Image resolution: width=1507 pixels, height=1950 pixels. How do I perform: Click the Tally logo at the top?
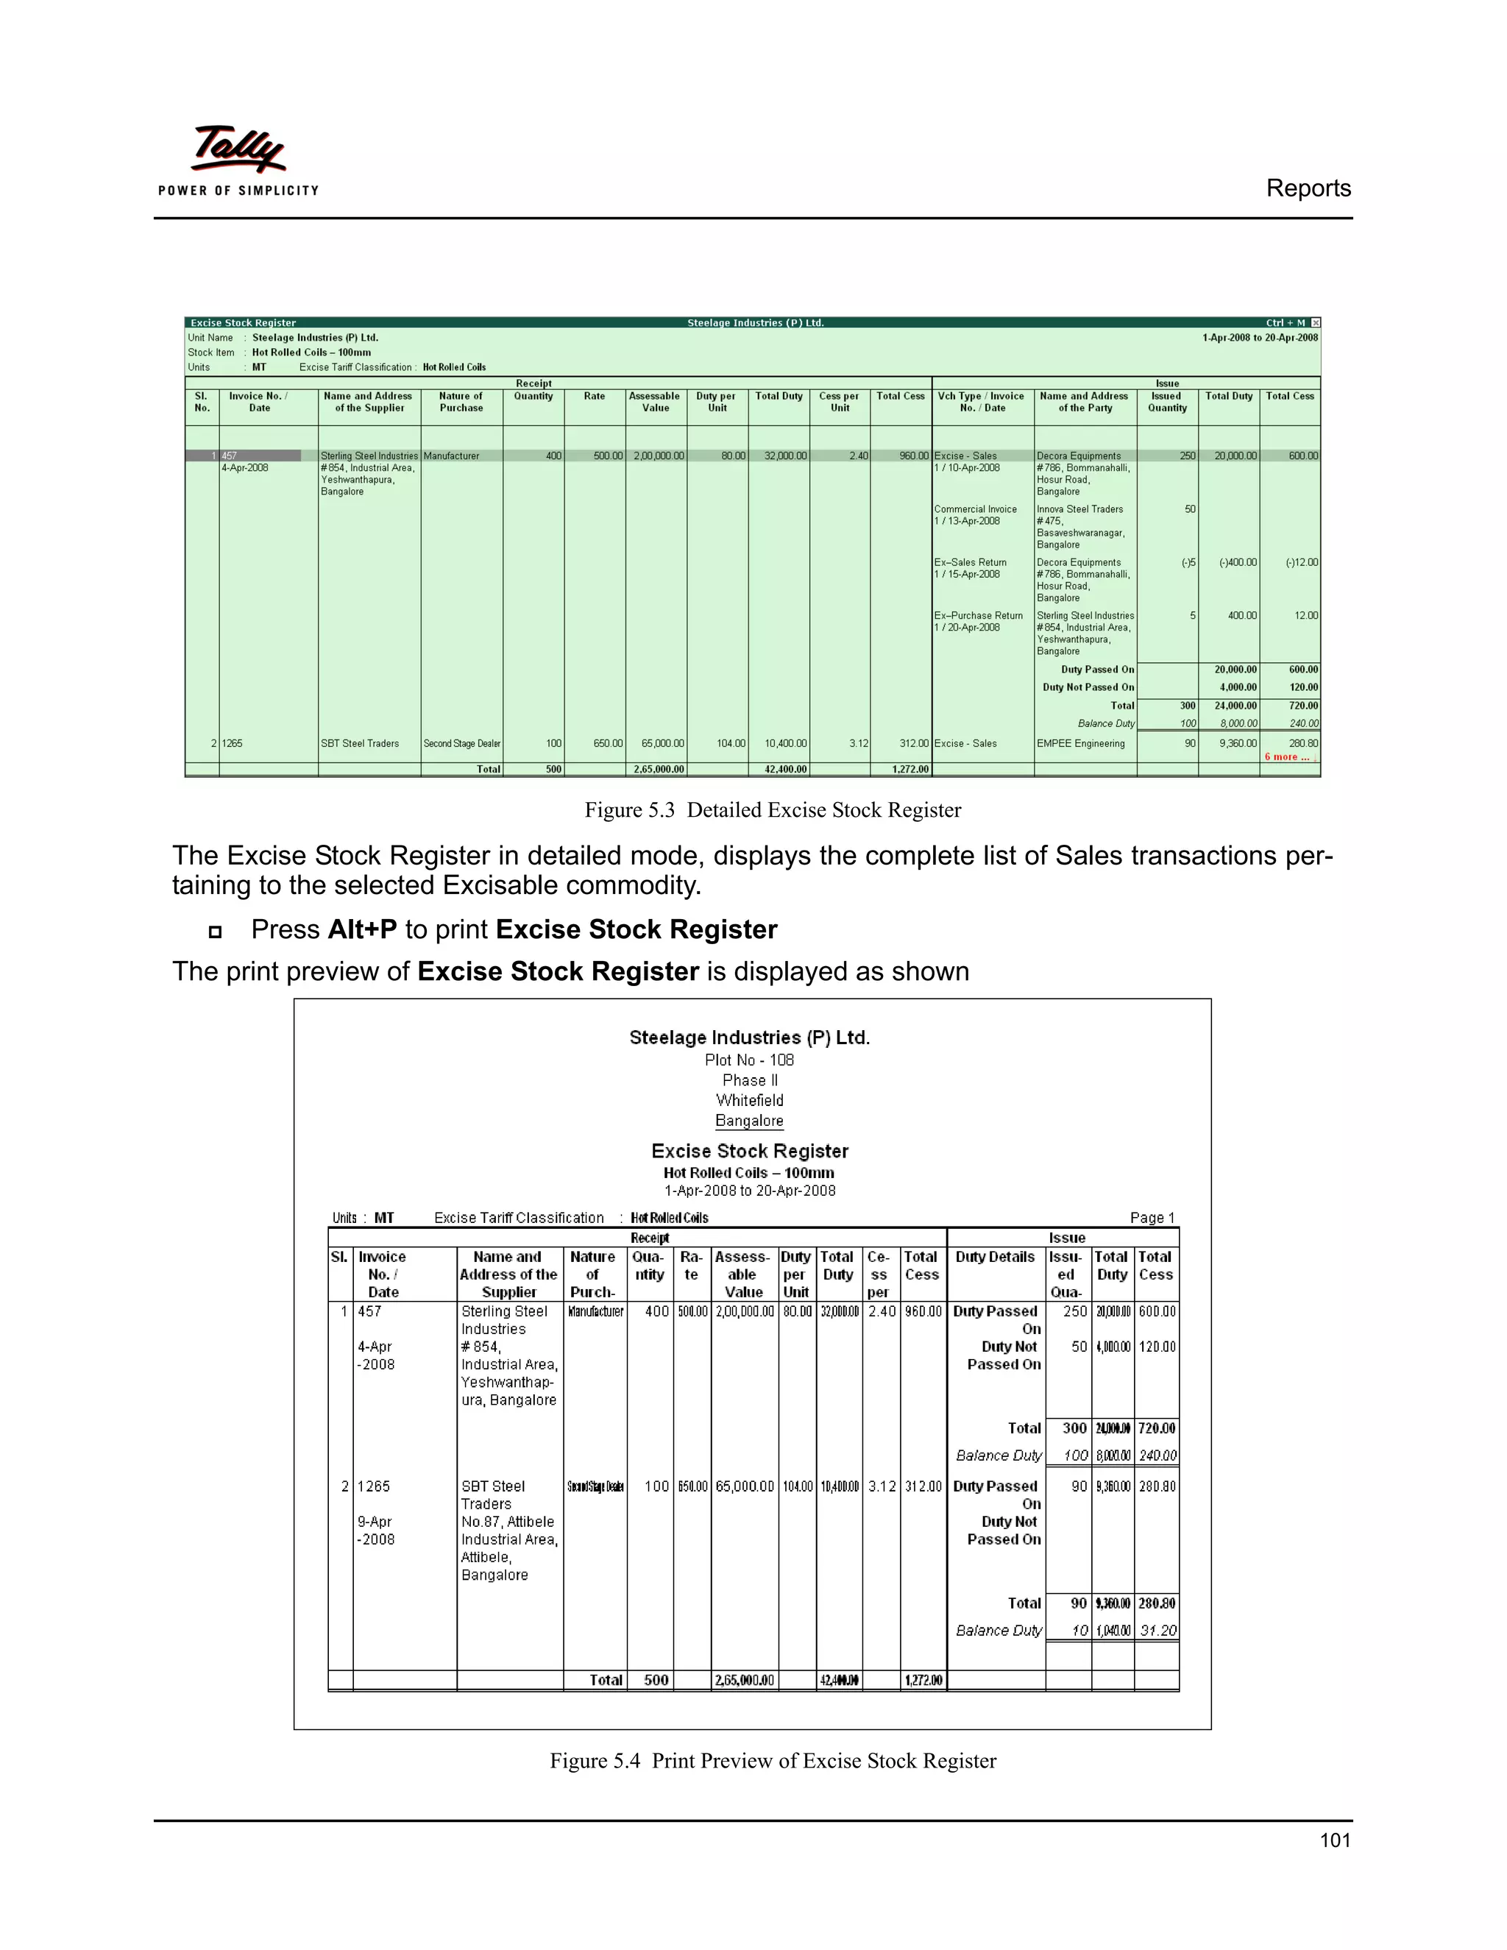point(238,149)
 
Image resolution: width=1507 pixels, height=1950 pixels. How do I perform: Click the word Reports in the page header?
point(1308,188)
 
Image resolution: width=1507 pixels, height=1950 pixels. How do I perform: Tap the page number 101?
point(1335,1840)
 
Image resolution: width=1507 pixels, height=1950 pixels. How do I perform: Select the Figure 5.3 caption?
point(772,810)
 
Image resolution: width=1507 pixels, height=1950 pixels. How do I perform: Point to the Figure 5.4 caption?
point(772,1760)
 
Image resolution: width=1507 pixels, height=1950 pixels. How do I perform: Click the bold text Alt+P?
point(361,929)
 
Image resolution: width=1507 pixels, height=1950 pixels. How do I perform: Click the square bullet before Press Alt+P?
point(215,932)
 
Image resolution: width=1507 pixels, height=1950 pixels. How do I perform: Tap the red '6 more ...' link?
point(1286,757)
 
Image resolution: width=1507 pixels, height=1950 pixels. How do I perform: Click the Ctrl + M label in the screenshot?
point(1286,323)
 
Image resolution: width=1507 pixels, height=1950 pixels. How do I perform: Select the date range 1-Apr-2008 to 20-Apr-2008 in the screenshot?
point(1260,338)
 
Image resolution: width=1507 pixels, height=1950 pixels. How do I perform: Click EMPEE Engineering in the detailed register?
point(1080,744)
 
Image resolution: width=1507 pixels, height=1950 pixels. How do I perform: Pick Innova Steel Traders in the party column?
point(1079,509)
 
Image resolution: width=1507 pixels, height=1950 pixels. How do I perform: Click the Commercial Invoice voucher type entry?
point(975,509)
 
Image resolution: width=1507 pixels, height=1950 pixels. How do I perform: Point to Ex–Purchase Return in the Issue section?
point(978,616)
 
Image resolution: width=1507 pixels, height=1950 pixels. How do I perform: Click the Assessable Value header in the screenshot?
point(656,402)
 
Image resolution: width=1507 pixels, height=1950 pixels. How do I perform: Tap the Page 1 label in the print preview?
point(1152,1218)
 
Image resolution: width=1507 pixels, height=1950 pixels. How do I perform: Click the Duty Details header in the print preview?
point(995,1257)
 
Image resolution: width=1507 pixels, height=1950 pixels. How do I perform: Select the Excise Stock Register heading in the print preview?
point(750,1151)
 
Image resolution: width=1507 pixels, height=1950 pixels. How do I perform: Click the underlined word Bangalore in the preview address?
point(749,1121)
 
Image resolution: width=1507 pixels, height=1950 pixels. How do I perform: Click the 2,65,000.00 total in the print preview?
point(744,1681)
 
